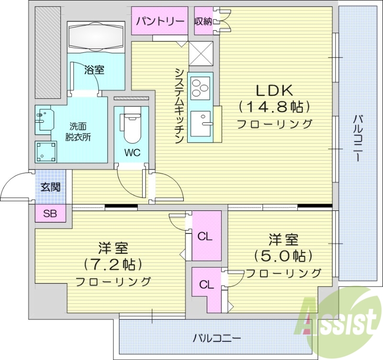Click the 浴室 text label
click(x=94, y=70)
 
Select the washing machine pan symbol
click(x=46, y=151)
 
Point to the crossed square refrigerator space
click(x=201, y=53)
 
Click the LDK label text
click(x=274, y=90)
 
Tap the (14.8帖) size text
click(x=274, y=106)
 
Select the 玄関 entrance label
click(x=50, y=187)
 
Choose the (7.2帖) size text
click(x=113, y=264)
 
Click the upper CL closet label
click(x=205, y=236)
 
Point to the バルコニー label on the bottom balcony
click(x=217, y=338)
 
